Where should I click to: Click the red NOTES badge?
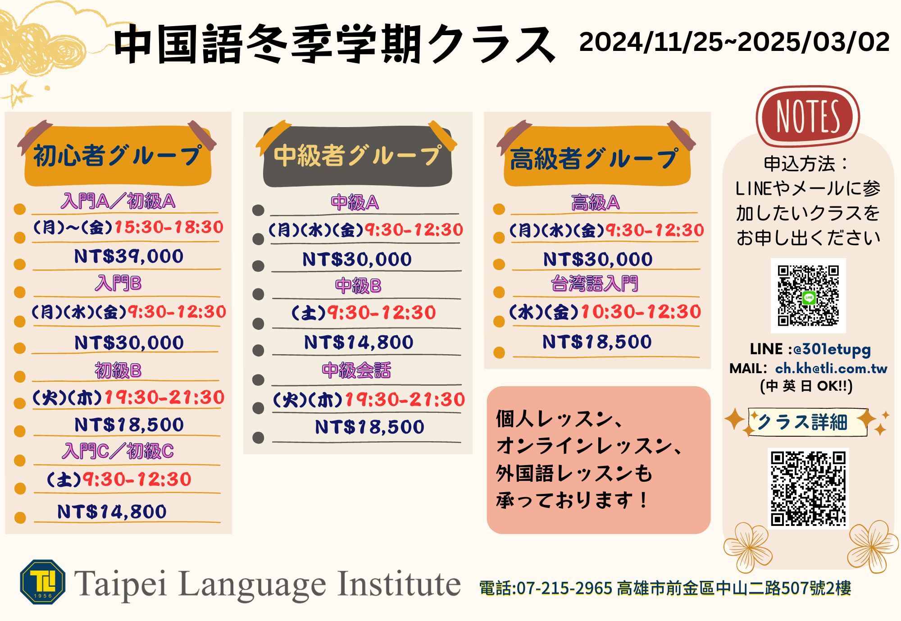[x=808, y=116]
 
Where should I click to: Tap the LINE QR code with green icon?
[x=808, y=296]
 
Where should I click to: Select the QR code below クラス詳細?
[x=808, y=488]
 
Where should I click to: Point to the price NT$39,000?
[x=129, y=256]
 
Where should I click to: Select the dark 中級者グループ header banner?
[x=357, y=156]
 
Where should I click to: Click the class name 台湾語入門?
[x=595, y=284]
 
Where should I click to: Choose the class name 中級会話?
[x=356, y=370]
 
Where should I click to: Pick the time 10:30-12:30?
[x=641, y=311]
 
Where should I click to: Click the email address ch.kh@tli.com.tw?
[x=831, y=368]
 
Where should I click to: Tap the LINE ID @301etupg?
[x=832, y=349]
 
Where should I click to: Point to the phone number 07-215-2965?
[x=564, y=588]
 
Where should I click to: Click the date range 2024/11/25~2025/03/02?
[x=734, y=42]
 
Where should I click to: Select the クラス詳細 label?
[x=802, y=422]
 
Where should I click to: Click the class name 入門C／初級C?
[x=118, y=451]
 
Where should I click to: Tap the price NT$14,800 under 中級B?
[x=359, y=342]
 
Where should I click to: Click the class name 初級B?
[x=118, y=370]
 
